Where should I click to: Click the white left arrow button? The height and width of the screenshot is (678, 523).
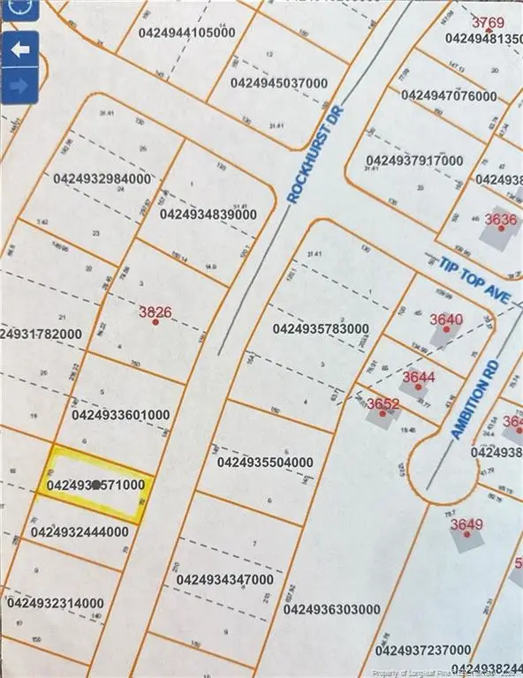(x=19, y=50)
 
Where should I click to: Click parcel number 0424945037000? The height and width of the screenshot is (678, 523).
(x=278, y=83)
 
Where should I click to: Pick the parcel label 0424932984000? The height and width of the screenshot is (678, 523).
(x=102, y=178)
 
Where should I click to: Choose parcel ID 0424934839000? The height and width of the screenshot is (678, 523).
(x=209, y=214)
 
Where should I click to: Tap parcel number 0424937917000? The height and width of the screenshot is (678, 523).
(x=414, y=161)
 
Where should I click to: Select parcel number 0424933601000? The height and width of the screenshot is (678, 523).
(x=120, y=414)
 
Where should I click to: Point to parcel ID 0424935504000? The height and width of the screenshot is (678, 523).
(x=264, y=462)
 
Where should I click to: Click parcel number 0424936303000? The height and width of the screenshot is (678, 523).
(x=332, y=609)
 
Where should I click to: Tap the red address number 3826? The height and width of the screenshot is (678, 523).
(x=155, y=312)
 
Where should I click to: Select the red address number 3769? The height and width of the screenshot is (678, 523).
(x=487, y=22)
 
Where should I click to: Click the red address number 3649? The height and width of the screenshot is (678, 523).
(x=466, y=524)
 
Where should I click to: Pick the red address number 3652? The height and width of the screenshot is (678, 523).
(x=383, y=404)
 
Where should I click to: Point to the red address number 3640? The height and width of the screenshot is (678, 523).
(x=445, y=320)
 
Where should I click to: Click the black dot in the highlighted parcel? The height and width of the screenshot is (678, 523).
(x=95, y=486)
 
